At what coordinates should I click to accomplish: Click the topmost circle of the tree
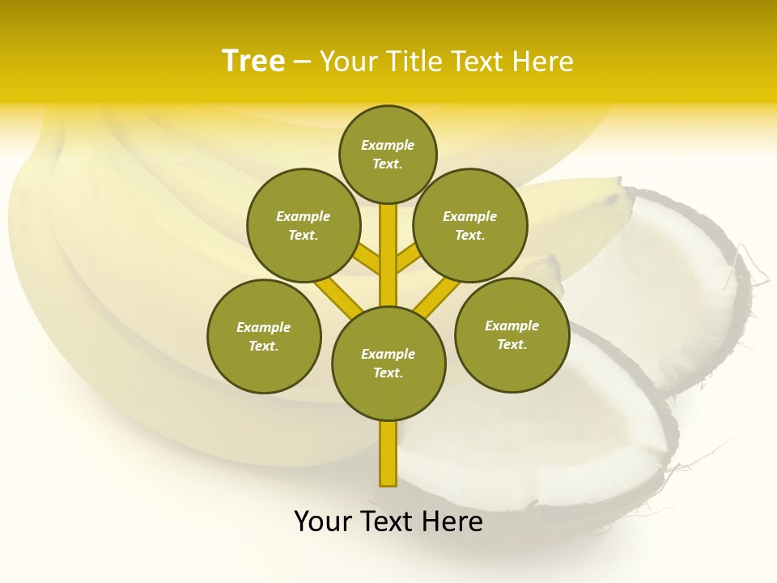(x=388, y=154)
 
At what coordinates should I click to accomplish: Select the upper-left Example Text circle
(x=304, y=225)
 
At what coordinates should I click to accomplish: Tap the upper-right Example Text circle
(x=470, y=225)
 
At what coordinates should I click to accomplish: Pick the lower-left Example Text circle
(x=264, y=336)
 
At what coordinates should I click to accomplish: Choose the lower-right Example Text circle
(x=512, y=334)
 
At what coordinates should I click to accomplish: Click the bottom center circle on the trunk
(x=388, y=364)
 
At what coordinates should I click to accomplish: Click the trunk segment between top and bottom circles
(x=388, y=255)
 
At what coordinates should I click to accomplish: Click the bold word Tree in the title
(x=253, y=61)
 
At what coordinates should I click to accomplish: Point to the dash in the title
(x=302, y=62)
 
